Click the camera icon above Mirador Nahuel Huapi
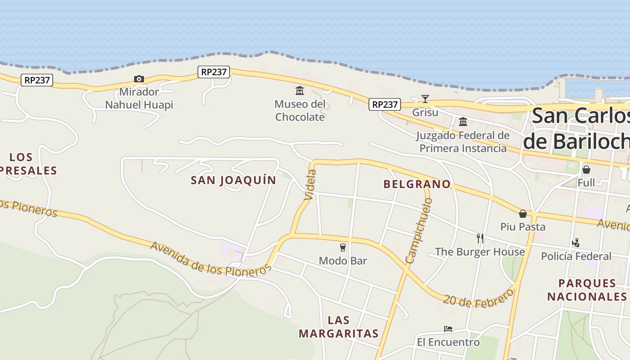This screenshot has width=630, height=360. [139, 79]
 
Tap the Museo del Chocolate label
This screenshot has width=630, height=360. [300, 111]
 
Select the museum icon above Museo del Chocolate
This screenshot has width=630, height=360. [300, 91]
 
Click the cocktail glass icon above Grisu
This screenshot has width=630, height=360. [425, 99]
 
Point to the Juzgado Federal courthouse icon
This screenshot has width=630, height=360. [463, 121]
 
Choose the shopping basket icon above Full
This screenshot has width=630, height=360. [586, 170]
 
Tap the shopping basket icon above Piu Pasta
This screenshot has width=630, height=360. [523, 213]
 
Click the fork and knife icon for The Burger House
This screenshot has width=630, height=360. [480, 238]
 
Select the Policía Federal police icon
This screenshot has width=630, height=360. [576, 243]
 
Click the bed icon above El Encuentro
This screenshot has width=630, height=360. [448, 329]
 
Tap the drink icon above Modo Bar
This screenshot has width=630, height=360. [343, 247]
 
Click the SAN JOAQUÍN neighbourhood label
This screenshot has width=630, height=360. [234, 180]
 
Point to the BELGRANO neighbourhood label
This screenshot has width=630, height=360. [417, 184]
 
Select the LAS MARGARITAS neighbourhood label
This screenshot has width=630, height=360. [338, 327]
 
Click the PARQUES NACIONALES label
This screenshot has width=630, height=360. [587, 290]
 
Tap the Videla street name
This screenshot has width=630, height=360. [310, 184]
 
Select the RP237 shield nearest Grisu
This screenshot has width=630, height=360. [385, 104]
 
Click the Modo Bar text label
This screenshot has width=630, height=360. [343, 261]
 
